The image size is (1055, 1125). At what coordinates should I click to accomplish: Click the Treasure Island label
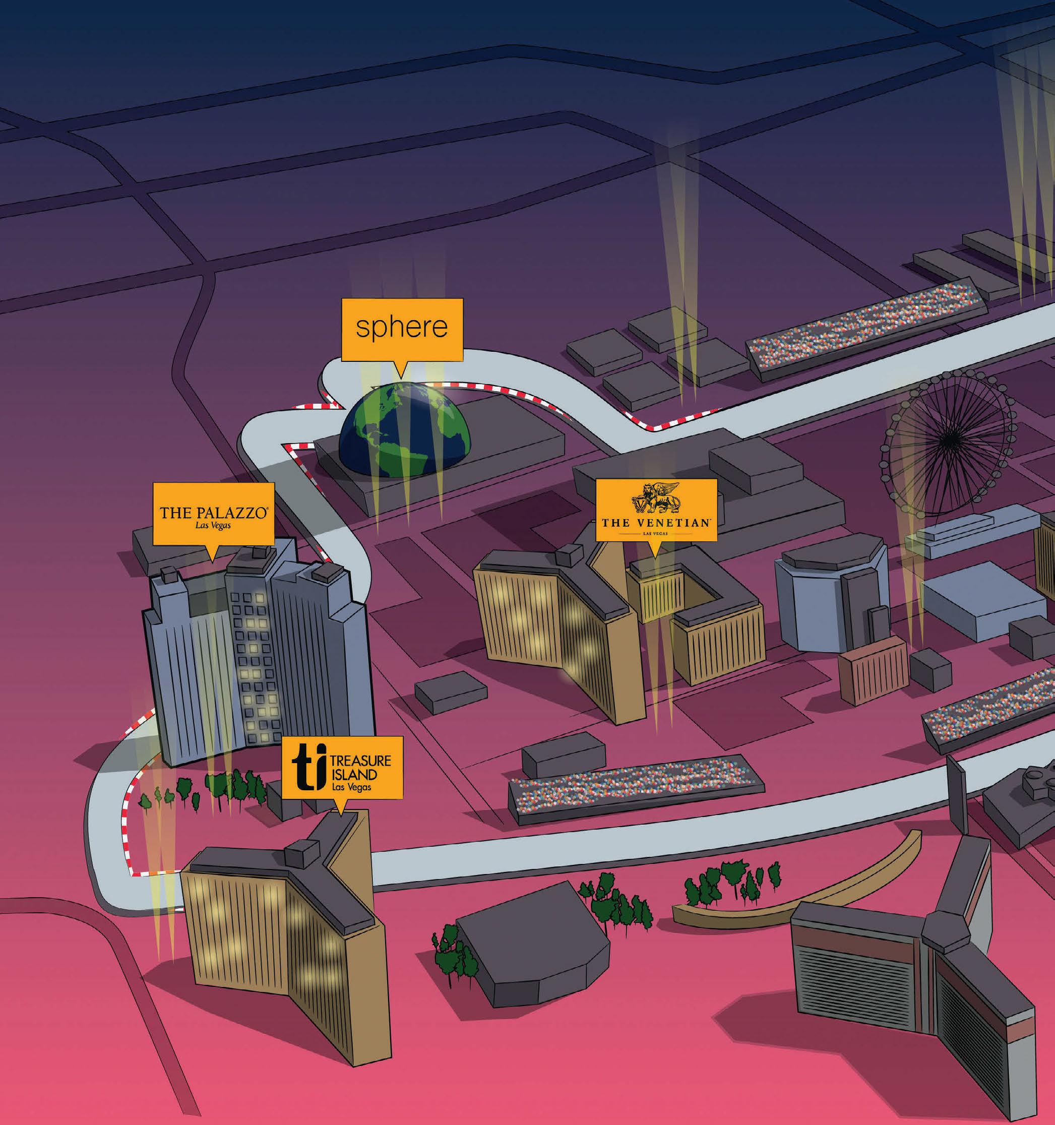coord(342,767)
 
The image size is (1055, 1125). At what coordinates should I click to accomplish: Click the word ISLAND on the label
coord(360,774)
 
